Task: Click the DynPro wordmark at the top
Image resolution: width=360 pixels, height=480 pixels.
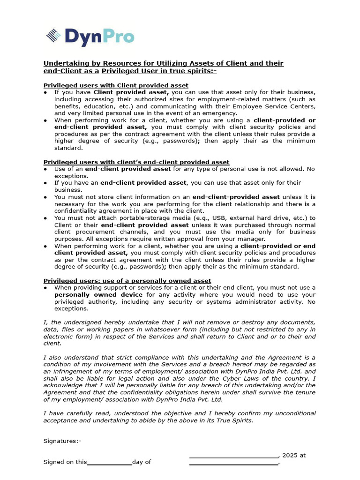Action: (99, 37)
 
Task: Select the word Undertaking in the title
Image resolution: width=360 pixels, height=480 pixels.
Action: (64, 63)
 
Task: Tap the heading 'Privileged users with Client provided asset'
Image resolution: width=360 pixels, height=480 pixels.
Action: (116, 85)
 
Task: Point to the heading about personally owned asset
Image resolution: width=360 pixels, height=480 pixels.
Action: (127, 281)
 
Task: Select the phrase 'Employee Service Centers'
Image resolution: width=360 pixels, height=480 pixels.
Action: (273, 106)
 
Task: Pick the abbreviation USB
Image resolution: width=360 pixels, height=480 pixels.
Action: (219, 218)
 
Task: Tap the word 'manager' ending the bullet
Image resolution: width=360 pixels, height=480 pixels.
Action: (267, 239)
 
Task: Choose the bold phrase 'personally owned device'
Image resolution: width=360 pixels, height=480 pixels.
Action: (98, 294)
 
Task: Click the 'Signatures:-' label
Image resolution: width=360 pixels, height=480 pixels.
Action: (62, 441)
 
